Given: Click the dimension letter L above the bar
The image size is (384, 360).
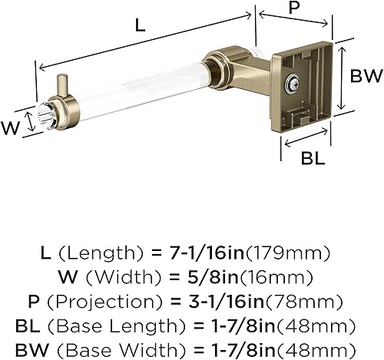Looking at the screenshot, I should tap(138, 25).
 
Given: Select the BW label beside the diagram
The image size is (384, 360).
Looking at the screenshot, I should tap(365, 76).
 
